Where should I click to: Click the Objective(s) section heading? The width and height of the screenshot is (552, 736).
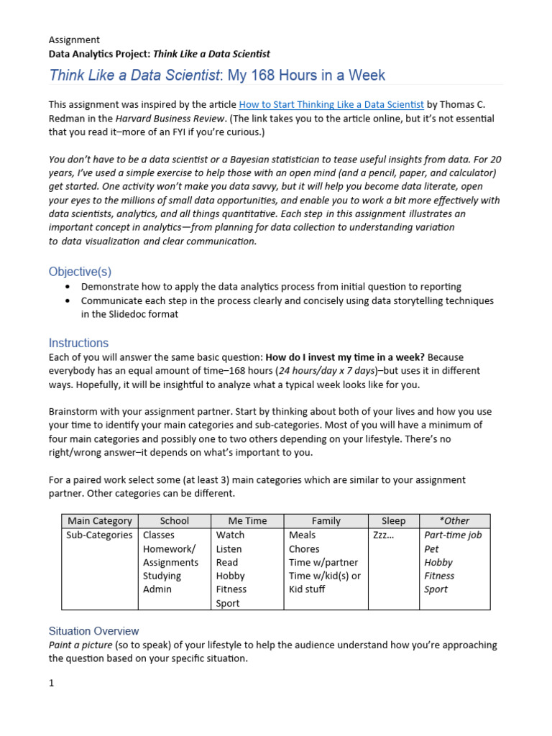[x=80, y=271]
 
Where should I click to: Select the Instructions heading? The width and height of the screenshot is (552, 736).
[x=78, y=343]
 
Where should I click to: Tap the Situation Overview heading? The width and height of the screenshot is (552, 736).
[x=93, y=631]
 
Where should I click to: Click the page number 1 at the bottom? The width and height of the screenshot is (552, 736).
[x=52, y=684]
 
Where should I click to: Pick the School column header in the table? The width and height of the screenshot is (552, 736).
[x=175, y=520]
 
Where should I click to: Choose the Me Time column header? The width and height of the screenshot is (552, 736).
[x=247, y=520]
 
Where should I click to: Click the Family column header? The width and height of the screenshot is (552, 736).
[x=326, y=520]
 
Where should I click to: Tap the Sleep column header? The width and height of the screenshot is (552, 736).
[x=393, y=520]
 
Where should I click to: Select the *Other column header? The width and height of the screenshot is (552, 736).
[x=454, y=520]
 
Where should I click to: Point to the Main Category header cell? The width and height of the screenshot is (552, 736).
[x=99, y=520]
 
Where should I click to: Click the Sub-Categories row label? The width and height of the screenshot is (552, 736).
[x=99, y=535]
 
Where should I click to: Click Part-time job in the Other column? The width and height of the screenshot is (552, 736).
[x=453, y=535]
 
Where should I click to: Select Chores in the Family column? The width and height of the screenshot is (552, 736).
[x=304, y=548]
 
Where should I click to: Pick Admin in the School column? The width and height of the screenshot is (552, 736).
[x=157, y=589]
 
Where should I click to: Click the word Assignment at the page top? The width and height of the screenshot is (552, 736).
[x=74, y=40]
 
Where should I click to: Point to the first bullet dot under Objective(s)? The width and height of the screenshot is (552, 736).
[x=68, y=287]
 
